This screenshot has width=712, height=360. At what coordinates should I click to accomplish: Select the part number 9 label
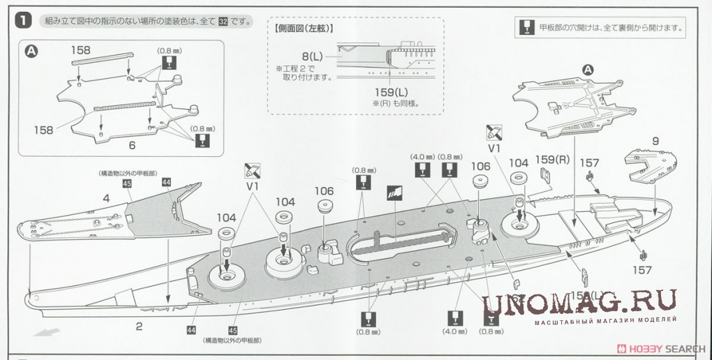pyautogui.click(x=655, y=141)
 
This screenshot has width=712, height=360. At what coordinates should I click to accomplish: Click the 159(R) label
pyautogui.click(x=549, y=159)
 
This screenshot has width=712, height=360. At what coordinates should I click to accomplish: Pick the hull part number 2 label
pyautogui.click(x=139, y=326)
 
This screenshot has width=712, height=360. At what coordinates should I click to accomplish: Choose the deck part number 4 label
pyautogui.click(x=106, y=198)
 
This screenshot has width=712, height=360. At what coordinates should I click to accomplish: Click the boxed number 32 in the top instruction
pyautogui.click(x=223, y=22)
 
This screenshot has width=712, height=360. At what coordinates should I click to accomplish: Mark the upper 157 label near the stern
pyautogui.click(x=590, y=163)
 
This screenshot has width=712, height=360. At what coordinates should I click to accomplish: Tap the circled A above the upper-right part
pyautogui.click(x=587, y=69)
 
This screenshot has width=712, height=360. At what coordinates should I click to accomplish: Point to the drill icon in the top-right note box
pyautogui.click(x=527, y=28)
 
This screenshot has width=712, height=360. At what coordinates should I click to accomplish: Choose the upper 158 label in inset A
pyautogui.click(x=81, y=50)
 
